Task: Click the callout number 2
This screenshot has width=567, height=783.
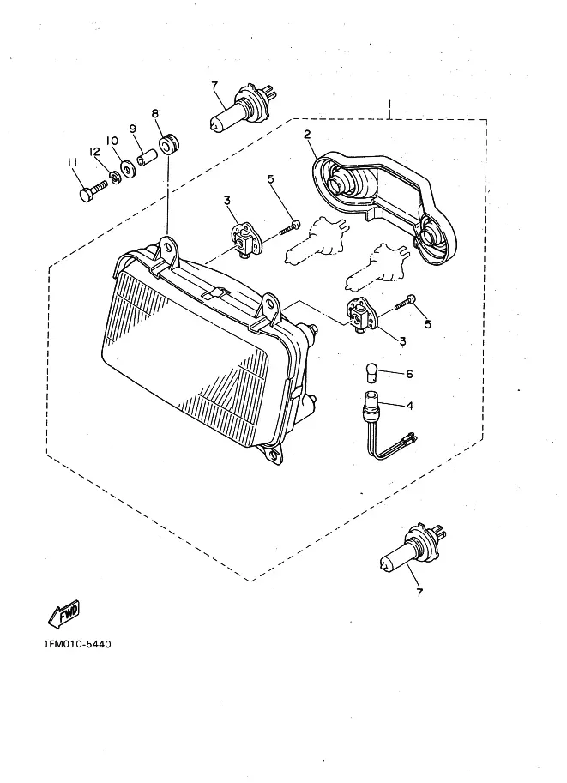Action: point(305,134)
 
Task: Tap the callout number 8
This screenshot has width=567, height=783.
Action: point(155,114)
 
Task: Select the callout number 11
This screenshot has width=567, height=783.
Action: point(73,162)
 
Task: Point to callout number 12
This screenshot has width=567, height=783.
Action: point(95,154)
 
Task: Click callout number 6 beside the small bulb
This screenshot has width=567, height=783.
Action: point(409,374)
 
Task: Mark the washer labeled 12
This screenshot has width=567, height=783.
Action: point(109,182)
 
